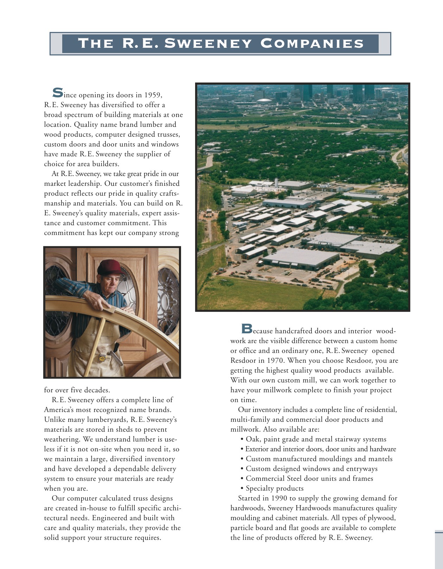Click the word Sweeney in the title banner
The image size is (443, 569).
coord(207,43)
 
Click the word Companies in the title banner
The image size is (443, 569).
coord(312,43)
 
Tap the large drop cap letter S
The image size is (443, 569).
coord(58,92)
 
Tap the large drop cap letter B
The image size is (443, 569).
coord(247,328)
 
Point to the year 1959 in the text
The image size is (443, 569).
coord(153,95)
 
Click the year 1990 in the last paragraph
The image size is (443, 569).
coord(280,498)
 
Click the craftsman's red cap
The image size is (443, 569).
coord(110,267)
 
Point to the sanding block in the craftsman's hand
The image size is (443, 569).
coord(110,309)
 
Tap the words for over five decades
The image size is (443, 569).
coord(77,390)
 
